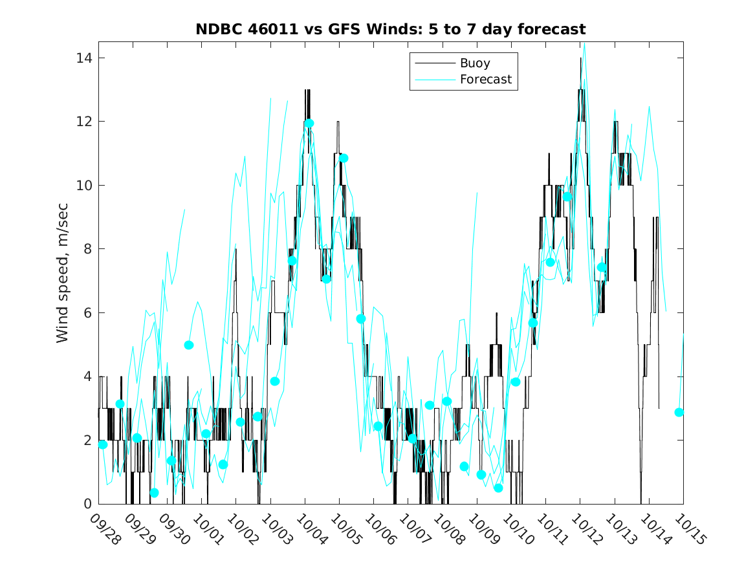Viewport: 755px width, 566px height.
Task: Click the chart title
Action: (391, 30)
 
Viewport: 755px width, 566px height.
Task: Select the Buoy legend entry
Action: (475, 63)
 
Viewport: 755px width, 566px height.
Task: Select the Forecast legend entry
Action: (485, 80)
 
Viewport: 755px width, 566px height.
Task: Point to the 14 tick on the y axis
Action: (85, 58)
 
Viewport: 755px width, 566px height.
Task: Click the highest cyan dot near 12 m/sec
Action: (309, 124)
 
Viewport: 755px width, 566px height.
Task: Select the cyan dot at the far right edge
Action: (679, 412)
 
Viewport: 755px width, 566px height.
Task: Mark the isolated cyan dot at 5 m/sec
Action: (189, 345)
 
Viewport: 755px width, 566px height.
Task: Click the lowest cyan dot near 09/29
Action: (154, 493)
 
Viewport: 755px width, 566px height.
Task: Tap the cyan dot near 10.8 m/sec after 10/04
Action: (344, 158)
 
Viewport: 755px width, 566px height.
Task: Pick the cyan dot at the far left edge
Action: (103, 444)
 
